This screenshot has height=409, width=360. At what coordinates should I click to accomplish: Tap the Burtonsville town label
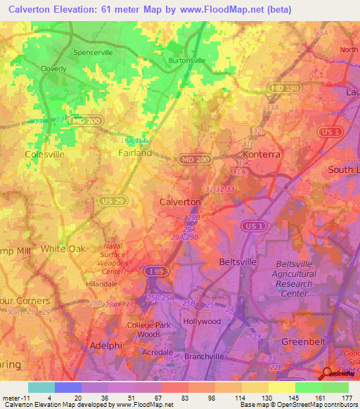tap(187, 60)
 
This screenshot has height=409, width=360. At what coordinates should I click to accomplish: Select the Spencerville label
tap(94, 53)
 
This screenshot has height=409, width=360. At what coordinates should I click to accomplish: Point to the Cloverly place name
tap(53, 69)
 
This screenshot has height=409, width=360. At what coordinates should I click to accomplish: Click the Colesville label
tap(44, 153)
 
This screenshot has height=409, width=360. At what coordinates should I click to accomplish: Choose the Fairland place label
tap(135, 152)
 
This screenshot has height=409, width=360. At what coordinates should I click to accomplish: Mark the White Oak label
tap(63, 249)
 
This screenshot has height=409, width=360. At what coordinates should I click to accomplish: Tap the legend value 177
tap(347, 398)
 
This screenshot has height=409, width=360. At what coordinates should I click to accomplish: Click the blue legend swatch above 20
tap(68, 387)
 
